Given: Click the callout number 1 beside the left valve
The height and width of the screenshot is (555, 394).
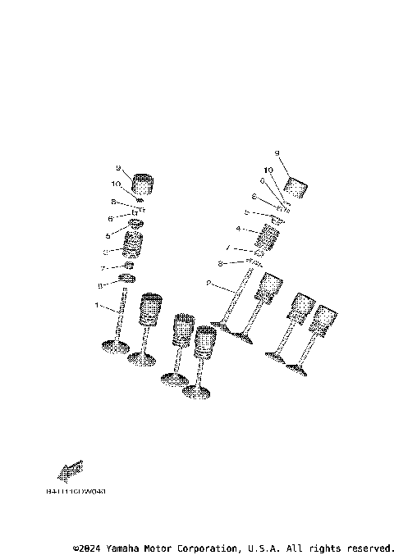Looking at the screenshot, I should [x=97, y=307].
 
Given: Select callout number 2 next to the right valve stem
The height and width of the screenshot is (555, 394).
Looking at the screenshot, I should [x=209, y=284].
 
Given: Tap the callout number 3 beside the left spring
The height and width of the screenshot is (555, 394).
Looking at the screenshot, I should [x=106, y=252].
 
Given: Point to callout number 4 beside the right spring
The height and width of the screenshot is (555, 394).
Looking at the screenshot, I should [x=238, y=229].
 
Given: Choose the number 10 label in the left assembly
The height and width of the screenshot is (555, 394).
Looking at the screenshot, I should [x=117, y=184].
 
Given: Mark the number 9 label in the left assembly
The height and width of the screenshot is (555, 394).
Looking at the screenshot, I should [x=118, y=168].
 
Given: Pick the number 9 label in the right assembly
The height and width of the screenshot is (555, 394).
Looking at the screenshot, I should [x=277, y=153].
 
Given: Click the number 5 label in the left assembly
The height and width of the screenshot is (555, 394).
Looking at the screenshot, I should [x=107, y=234].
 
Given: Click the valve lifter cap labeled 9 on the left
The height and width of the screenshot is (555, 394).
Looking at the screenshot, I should [x=144, y=184].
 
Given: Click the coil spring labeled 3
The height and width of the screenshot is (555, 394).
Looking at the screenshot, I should [x=132, y=244].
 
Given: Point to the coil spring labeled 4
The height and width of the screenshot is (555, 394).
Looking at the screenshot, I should [x=268, y=237].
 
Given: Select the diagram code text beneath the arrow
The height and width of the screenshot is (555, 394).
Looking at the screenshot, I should [x=76, y=492].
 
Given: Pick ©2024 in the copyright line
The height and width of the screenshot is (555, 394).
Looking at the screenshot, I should [x=88, y=547].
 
